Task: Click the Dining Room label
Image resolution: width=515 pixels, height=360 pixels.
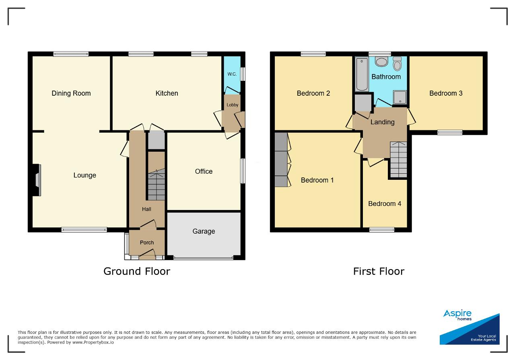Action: coord(71,93)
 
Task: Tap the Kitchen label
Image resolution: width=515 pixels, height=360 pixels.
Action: coord(167,93)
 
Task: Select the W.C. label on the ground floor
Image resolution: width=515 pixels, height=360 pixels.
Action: coord(232,74)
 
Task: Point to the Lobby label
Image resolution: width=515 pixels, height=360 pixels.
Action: coord(232,105)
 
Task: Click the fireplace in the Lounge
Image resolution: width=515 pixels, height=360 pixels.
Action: coord(37,180)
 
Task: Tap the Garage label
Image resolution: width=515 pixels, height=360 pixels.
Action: coord(204,231)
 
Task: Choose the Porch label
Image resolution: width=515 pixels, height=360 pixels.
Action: coord(147,243)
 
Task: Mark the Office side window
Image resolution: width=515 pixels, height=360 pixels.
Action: coord(243,171)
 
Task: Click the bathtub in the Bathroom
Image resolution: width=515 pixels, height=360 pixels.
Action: coord(362,74)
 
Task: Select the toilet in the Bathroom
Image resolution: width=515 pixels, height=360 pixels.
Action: coord(397,64)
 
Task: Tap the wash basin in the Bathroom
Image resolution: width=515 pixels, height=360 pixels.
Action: coord(381,62)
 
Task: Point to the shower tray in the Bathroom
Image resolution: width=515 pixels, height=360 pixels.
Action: coord(400,97)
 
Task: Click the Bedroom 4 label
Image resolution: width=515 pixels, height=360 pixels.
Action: coord(385,204)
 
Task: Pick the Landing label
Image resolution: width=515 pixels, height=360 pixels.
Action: coord(382,122)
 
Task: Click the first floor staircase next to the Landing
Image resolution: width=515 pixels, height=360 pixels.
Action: coord(398,160)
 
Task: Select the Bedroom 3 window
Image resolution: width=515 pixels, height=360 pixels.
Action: coord(450,132)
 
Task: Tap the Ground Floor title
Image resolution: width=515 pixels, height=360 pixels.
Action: coord(137,271)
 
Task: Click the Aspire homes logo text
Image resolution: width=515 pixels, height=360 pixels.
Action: coord(457,315)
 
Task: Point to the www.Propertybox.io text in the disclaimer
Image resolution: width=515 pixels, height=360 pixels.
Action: coord(93,343)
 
